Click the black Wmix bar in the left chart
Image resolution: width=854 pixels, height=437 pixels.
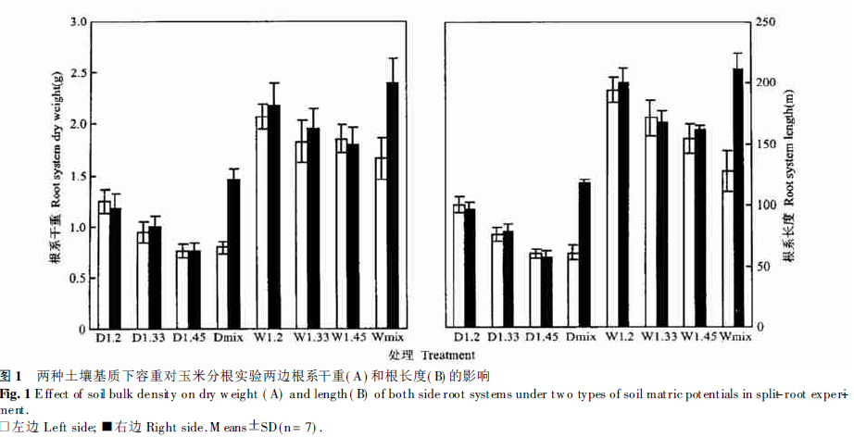(392, 205)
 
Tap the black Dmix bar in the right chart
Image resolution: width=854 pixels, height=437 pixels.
(584, 255)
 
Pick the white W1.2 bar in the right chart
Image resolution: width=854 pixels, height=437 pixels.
(611, 208)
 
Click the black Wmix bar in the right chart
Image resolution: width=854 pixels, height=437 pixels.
(738, 198)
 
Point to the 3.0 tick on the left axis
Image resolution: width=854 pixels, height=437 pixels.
(79, 21)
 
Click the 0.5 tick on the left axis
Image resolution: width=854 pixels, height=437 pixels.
(79, 279)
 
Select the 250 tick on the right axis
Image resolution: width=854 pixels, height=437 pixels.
(768, 21)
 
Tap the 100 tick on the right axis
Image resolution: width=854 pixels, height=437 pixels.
(768, 205)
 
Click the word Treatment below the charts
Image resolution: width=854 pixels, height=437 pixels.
(446, 355)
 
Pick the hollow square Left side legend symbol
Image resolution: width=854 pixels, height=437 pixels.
(6, 427)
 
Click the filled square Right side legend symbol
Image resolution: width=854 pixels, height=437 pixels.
(107, 427)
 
